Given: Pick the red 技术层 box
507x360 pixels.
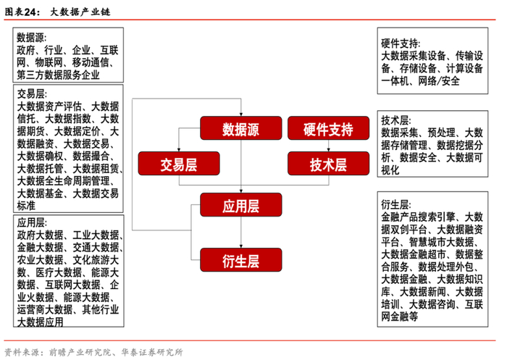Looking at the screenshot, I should coord(321,163).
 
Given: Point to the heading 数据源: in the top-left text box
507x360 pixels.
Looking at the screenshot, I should coord(33,37).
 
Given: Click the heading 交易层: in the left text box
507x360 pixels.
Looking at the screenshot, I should coord(33,93).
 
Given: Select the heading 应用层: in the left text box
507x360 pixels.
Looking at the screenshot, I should coord(33,222).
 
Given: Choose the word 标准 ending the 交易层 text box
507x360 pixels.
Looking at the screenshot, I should coord(26,206).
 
